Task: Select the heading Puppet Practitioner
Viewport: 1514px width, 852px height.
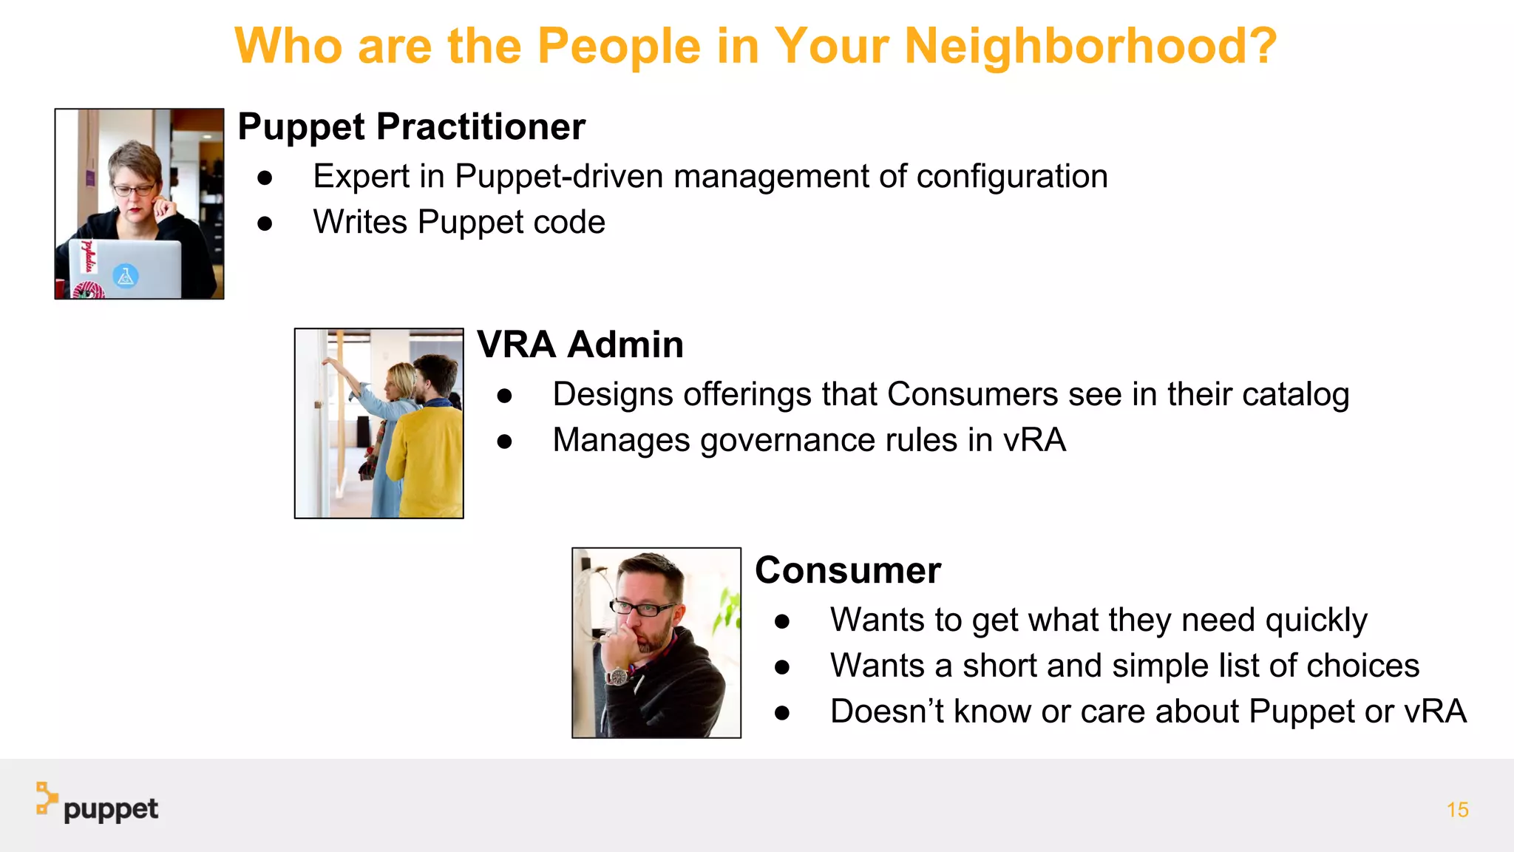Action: [411, 127]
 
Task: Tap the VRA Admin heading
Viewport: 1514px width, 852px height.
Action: [580, 345]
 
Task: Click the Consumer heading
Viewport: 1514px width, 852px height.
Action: [848, 571]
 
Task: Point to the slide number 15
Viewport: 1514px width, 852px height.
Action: [1457, 810]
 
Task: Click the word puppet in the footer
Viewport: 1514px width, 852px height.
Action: [111, 810]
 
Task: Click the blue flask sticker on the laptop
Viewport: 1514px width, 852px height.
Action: [126, 277]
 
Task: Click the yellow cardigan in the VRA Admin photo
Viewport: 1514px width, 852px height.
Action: [429, 459]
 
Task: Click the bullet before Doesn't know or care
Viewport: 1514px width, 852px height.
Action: [782, 713]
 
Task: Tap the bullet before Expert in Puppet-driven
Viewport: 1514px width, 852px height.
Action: [265, 178]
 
